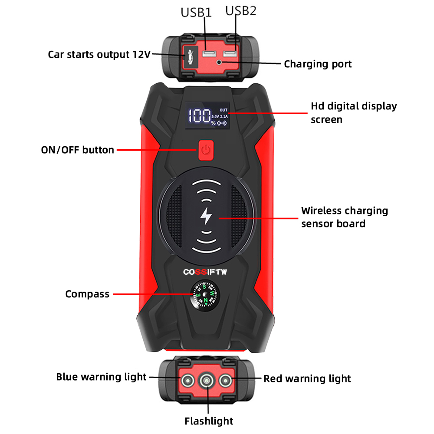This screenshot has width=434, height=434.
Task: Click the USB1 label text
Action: click(196, 12)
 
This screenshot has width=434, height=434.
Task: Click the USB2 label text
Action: click(240, 10)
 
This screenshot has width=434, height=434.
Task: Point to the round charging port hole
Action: click(220, 63)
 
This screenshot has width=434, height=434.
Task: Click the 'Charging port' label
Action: click(318, 64)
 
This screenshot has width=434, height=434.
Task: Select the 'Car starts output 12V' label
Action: click(99, 55)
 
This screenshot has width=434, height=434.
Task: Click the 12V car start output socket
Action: click(190, 55)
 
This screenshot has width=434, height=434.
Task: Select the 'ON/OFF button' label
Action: click(78, 150)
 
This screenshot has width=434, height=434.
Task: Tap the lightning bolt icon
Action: click(206, 216)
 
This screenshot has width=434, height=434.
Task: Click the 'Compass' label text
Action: click(87, 294)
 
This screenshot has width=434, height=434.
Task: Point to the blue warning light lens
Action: click(187, 381)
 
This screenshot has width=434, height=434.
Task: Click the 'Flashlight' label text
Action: click(209, 421)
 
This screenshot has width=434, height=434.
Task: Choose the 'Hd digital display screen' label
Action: click(353, 112)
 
